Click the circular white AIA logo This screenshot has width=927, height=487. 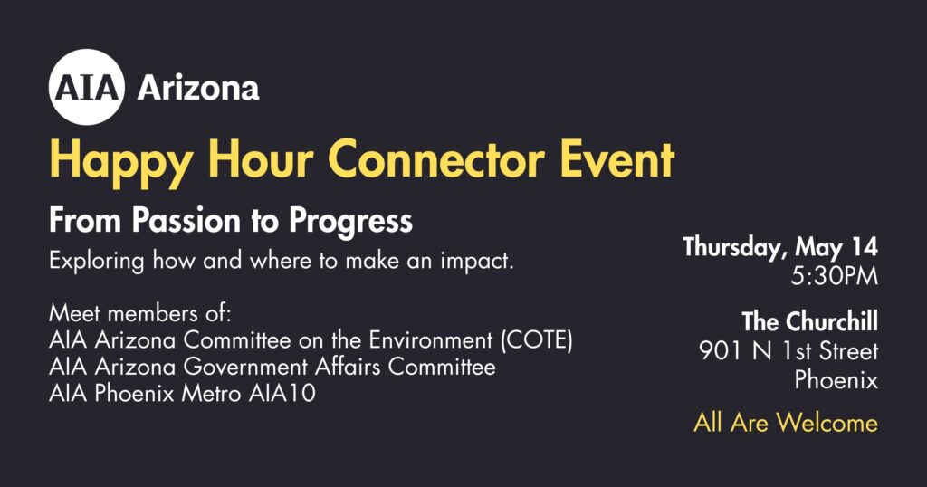click(x=87, y=87)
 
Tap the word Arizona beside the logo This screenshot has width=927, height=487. click(x=198, y=89)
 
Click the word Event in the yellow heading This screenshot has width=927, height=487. click(x=617, y=159)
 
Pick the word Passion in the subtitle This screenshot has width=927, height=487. click(x=186, y=221)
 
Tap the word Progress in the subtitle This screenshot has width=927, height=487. click(x=350, y=222)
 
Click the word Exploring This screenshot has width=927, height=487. click(x=96, y=262)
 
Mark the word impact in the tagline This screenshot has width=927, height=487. click(x=477, y=262)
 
